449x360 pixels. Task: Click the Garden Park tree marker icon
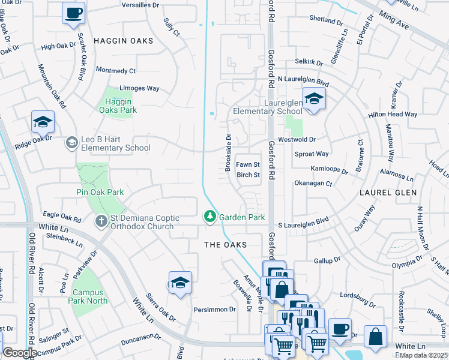(209, 217)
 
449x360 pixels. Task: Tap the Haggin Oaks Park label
(117, 106)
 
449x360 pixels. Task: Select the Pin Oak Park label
(100, 192)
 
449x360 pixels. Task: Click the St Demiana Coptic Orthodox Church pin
(101, 222)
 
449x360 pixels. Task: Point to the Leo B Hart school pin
(71, 142)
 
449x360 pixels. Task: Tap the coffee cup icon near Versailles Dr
(73, 13)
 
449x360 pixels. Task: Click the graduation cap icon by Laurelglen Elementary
(313, 99)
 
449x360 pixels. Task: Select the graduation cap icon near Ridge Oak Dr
(43, 122)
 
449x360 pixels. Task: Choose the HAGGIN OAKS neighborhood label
(123, 41)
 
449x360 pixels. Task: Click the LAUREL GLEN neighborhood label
(384, 194)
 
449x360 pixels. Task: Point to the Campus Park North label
(90, 297)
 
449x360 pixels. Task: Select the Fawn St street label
(247, 164)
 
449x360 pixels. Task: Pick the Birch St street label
(248, 175)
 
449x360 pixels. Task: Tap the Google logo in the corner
(20, 353)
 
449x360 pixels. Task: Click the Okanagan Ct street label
(313, 183)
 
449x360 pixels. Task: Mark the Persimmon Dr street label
(214, 310)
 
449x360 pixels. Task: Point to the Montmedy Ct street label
(115, 71)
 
